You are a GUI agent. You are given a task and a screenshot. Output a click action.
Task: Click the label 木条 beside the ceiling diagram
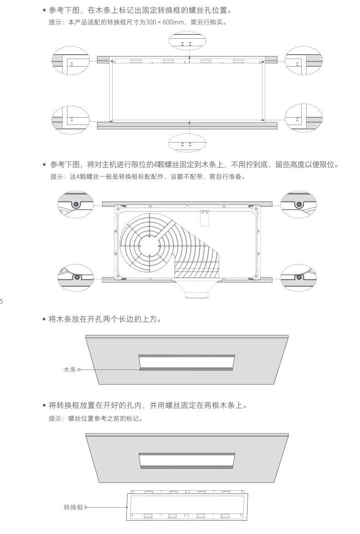pyautogui.click(x=70, y=370)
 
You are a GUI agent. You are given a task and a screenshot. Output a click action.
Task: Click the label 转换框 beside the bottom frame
pyautogui.click(x=73, y=507)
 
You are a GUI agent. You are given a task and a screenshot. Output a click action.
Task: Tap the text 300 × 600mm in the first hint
pyautogui.click(x=156, y=22)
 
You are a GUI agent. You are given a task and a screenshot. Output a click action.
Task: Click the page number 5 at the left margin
pyautogui.click(x=1, y=301)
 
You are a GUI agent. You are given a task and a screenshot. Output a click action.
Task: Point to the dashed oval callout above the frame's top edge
pyautogui.click(x=187, y=42)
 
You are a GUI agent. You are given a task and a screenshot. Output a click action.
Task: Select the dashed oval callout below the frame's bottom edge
pyautogui.click(x=187, y=143)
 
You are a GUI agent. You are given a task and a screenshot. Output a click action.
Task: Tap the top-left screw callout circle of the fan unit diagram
pyautogui.click(x=75, y=204)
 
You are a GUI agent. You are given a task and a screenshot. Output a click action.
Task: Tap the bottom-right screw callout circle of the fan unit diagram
pyautogui.click(x=298, y=276)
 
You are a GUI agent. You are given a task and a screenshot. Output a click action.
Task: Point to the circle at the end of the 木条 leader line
pyautogui.click(x=79, y=370)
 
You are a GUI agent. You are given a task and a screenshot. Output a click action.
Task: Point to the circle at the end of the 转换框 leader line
pyautogui.click(x=85, y=507)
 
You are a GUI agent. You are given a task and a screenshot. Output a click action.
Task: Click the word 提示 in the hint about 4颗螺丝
pyautogui.click(x=57, y=177)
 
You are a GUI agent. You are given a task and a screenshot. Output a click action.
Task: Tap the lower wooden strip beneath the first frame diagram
pyautogui.click(x=187, y=125)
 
